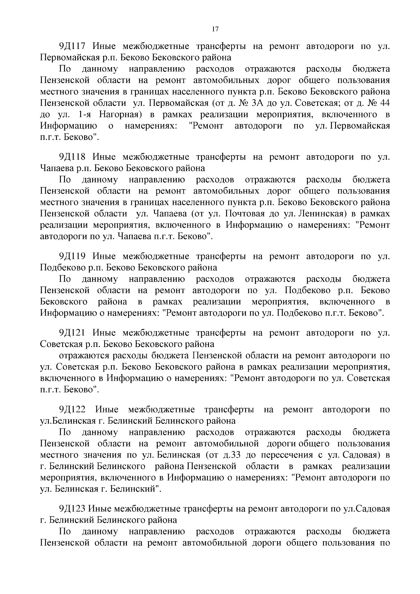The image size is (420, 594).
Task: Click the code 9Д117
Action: coord(73,47)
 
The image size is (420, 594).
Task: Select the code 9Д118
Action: coord(73,157)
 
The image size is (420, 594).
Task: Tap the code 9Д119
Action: coord(73,256)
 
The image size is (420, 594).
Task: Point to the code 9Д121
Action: coord(73,333)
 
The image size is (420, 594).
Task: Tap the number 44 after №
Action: coord(384,104)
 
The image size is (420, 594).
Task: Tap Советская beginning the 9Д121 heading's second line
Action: coord(62,344)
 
